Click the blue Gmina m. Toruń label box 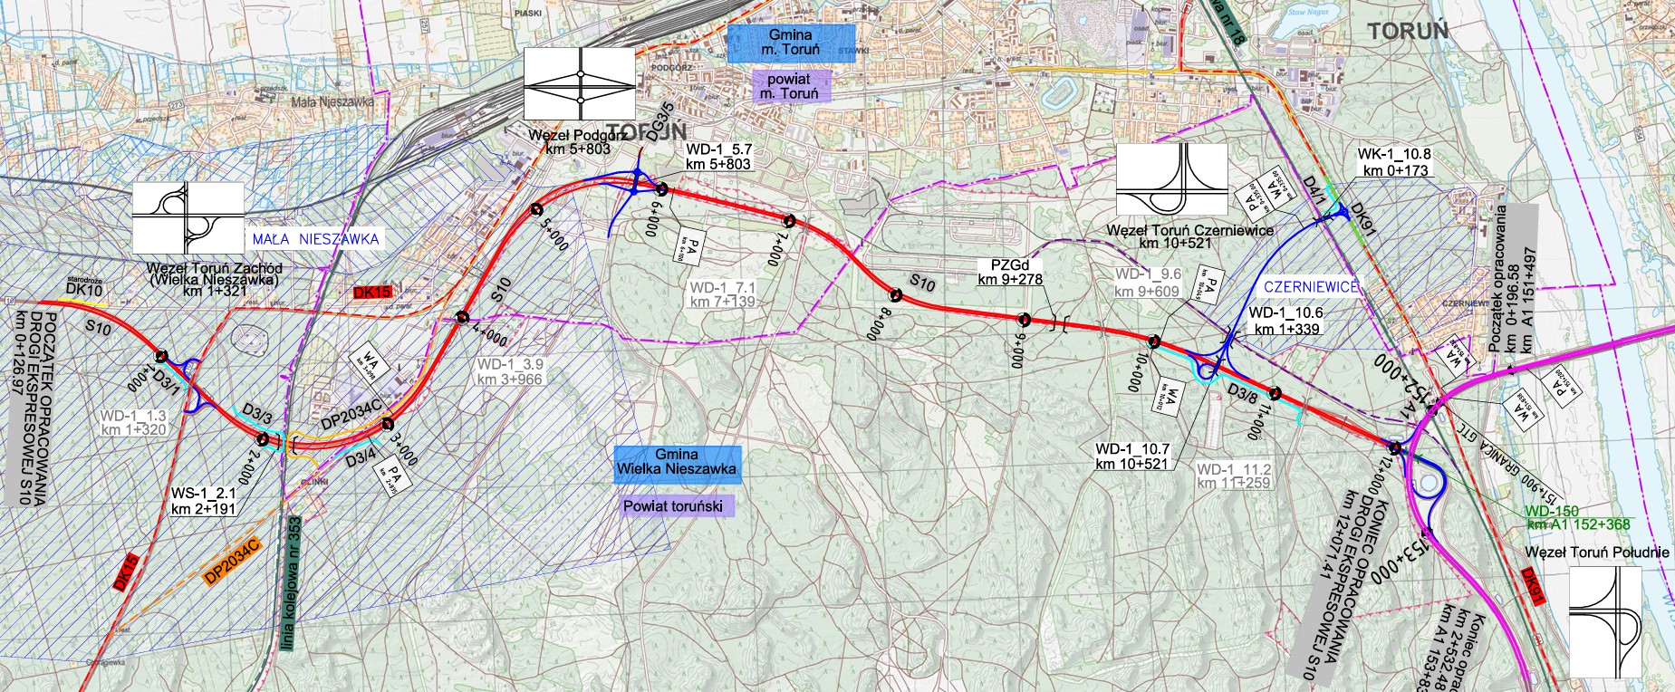pyautogui.click(x=790, y=43)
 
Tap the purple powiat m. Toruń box pyautogui.click(x=788, y=86)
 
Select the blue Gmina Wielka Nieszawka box pyautogui.click(x=677, y=462)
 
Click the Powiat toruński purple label pyautogui.click(x=673, y=506)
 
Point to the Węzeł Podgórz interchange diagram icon pyautogui.click(x=580, y=84)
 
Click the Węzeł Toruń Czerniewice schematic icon pyautogui.click(x=1172, y=179)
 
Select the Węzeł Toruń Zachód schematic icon pyautogui.click(x=188, y=217)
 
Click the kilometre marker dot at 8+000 pyautogui.click(x=895, y=294)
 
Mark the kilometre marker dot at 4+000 pyautogui.click(x=463, y=317)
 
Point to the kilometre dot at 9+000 pyautogui.click(x=1025, y=318)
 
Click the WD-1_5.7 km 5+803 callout pyautogui.click(x=718, y=157)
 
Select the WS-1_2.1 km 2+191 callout pyautogui.click(x=204, y=502)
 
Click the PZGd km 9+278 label pyautogui.click(x=1010, y=273)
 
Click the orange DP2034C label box pyautogui.click(x=232, y=561)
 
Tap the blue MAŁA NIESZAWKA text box pyautogui.click(x=315, y=239)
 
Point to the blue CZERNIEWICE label pyautogui.click(x=1311, y=287)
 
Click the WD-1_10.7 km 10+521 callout pyautogui.click(x=1132, y=457)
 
